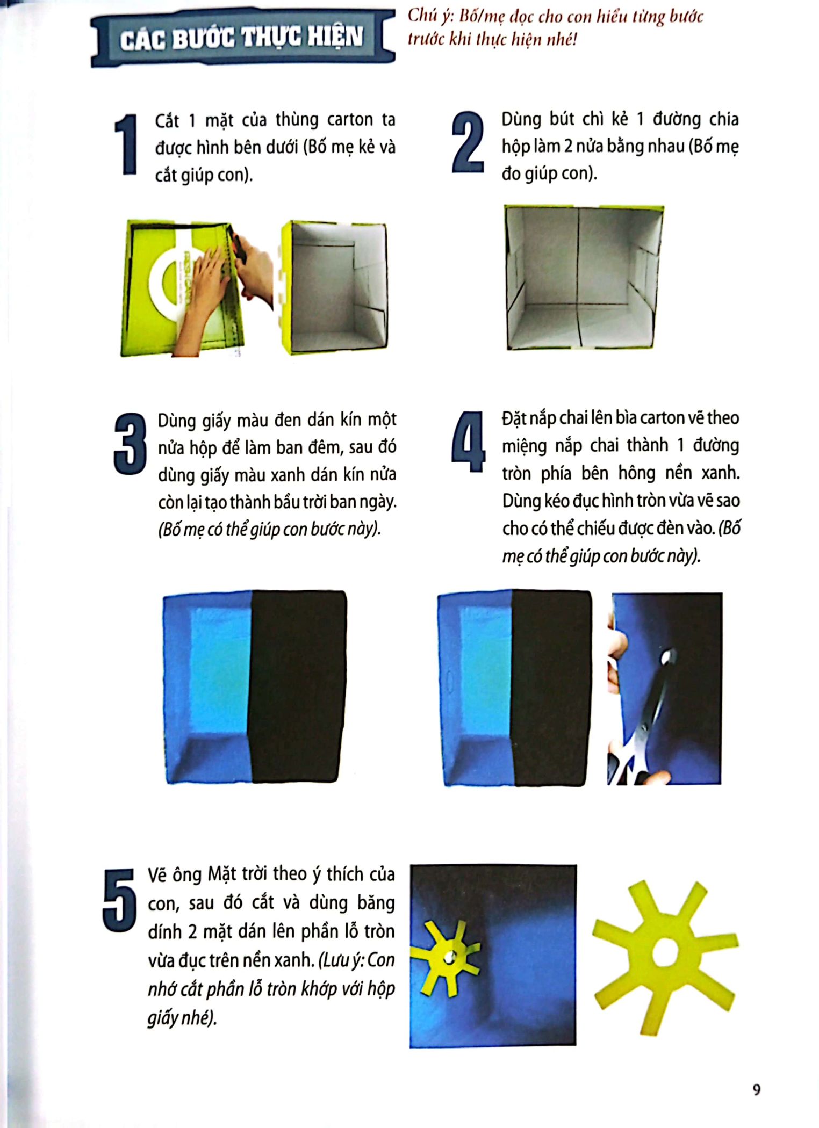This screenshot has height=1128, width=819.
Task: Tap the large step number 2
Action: [x=468, y=142]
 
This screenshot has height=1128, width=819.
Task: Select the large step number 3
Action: [x=130, y=444]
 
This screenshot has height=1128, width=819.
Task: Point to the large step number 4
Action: [x=469, y=442]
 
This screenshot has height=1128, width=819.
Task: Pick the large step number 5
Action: [x=119, y=900]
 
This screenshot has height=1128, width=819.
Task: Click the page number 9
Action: [x=757, y=1090]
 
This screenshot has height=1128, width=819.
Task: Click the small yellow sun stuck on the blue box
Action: [x=446, y=957]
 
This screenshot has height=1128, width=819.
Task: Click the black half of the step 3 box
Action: [x=297, y=686]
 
